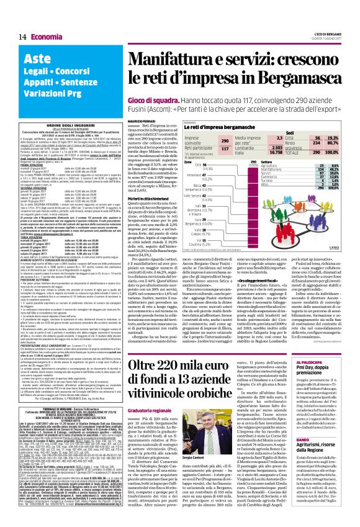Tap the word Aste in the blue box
[37, 60]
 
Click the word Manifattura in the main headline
[171, 62]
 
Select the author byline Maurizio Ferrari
[143, 120]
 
